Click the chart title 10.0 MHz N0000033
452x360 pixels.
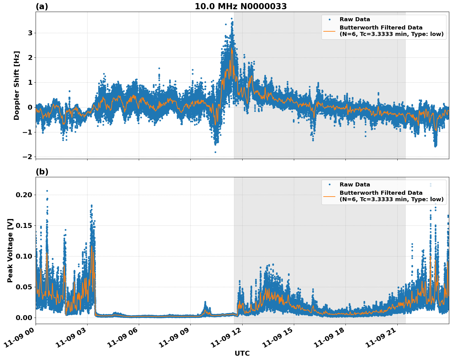(x=241, y=6)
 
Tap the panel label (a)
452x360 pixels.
(x=42, y=6)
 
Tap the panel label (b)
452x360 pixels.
(x=42, y=172)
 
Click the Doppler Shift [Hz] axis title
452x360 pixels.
(x=17, y=85)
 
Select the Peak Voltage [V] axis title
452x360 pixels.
(x=10, y=250)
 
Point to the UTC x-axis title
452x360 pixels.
(x=242, y=353)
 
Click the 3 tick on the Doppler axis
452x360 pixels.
(x=30, y=33)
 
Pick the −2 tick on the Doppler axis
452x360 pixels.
(x=28, y=157)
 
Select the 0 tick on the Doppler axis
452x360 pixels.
(x=30, y=107)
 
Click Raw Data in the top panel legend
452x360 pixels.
(x=355, y=20)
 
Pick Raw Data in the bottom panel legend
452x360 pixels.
(x=355, y=185)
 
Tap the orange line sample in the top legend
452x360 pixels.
(x=329, y=31)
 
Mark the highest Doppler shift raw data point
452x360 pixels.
(x=232, y=19)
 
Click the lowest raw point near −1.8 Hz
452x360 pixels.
(x=215, y=152)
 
